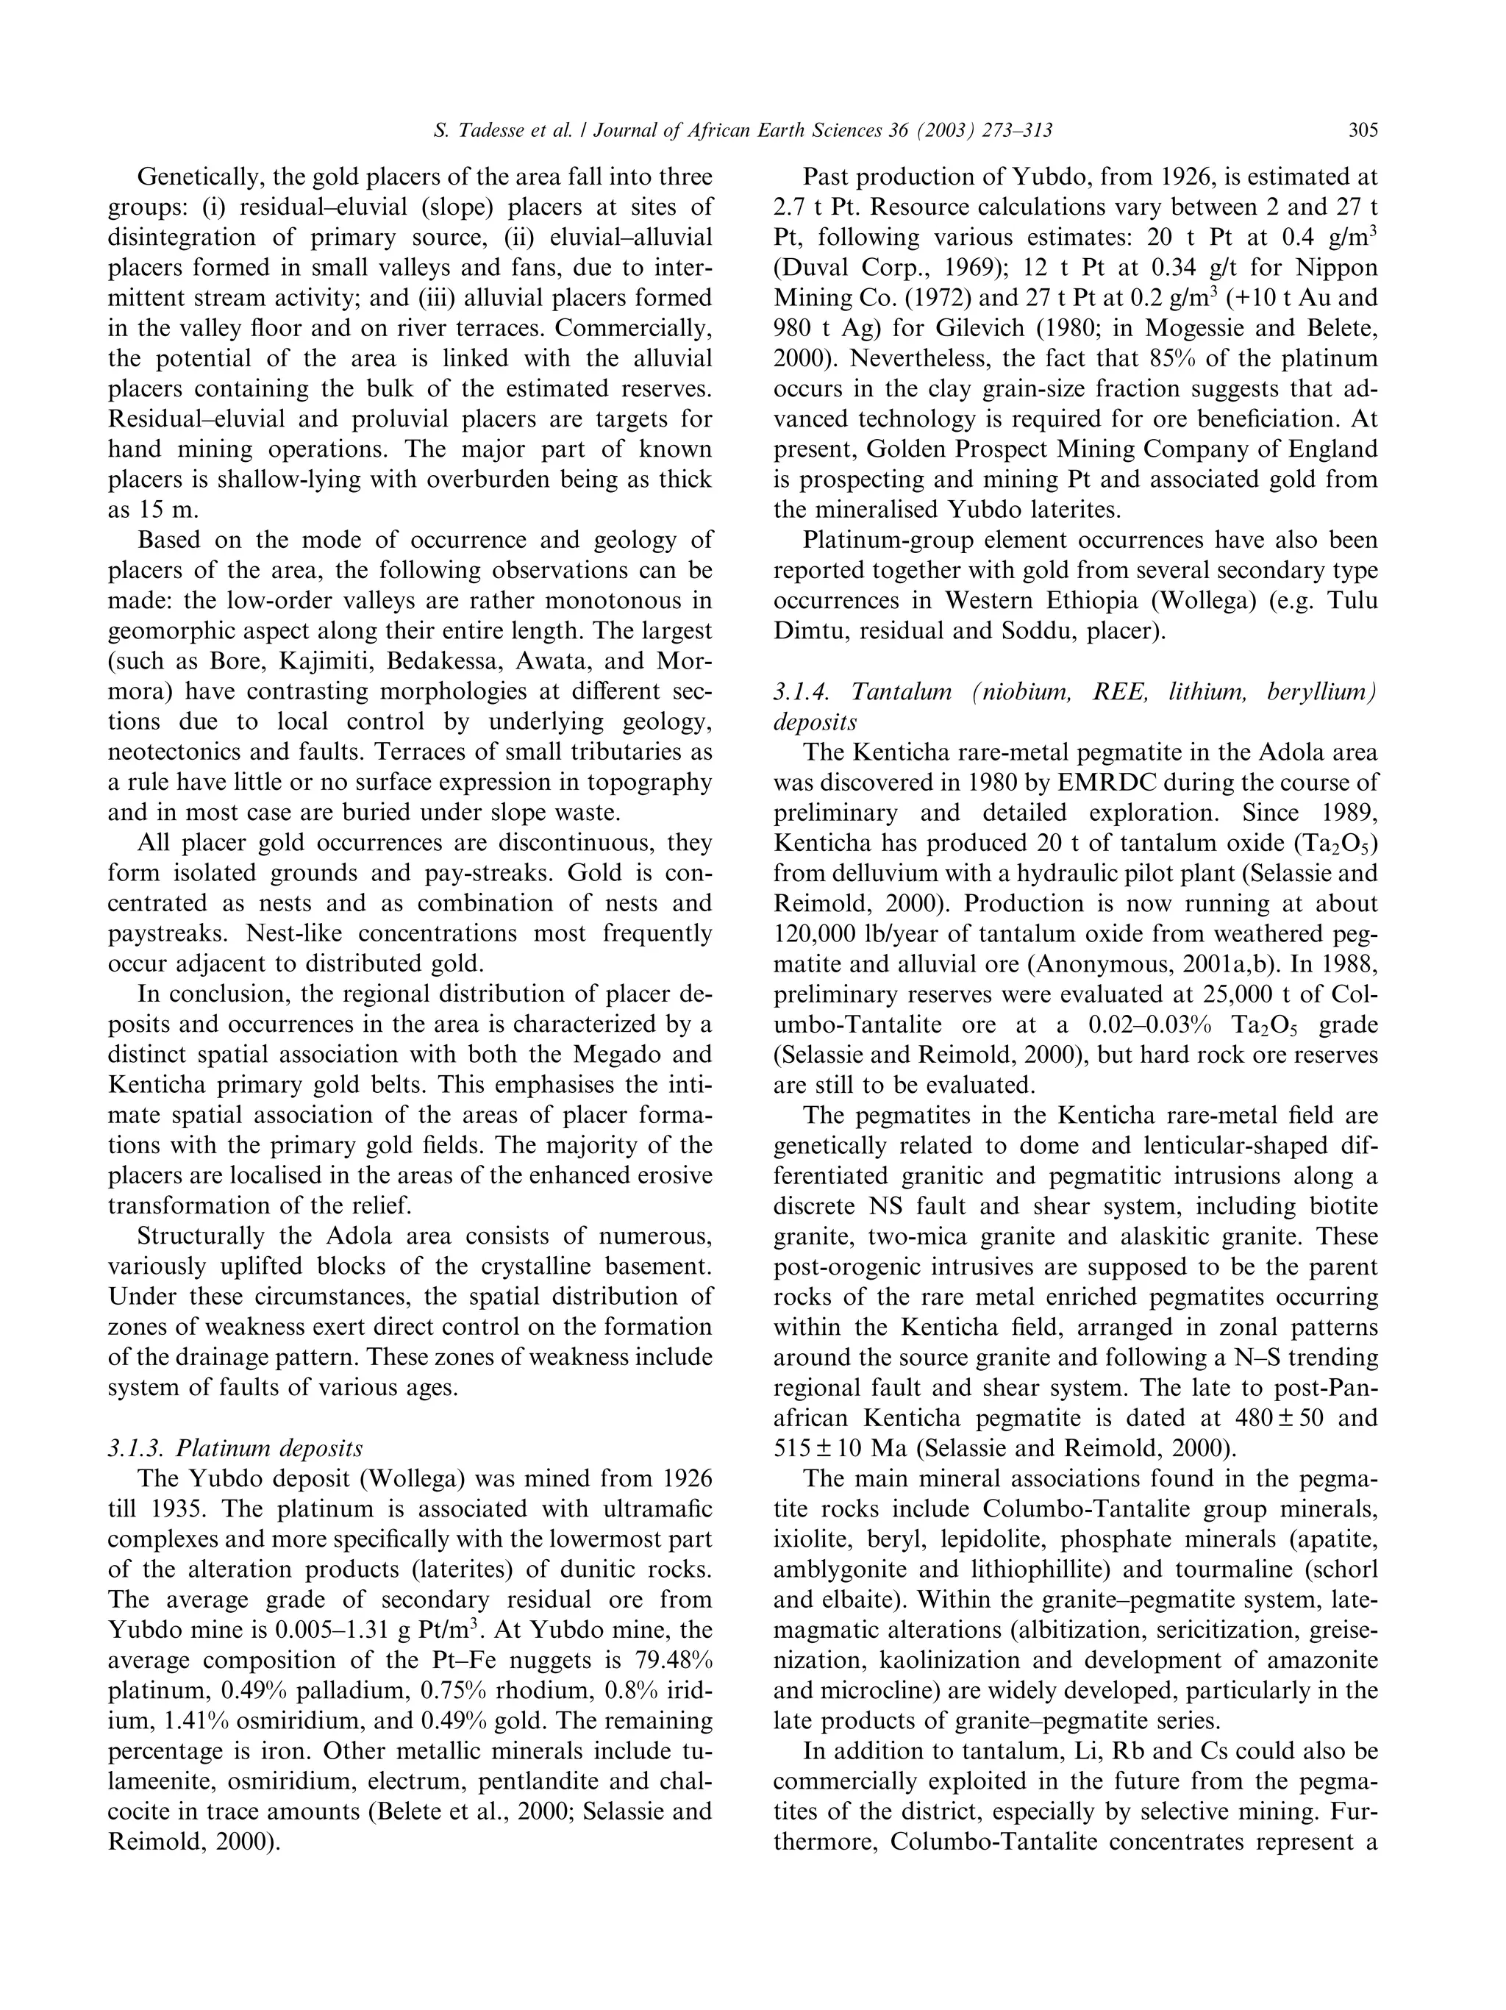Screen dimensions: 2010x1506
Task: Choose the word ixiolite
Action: coord(811,1539)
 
